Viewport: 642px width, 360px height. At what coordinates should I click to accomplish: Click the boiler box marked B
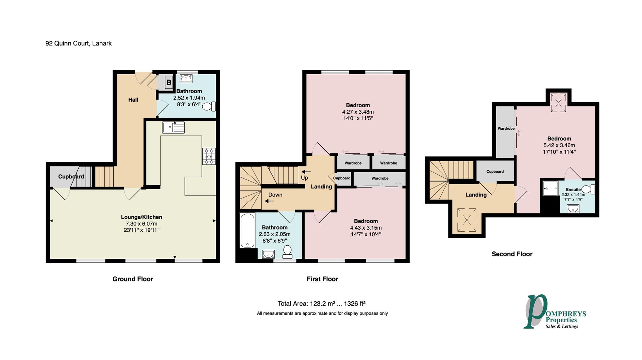point(169,82)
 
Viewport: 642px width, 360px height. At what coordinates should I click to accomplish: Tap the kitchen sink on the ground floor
point(173,127)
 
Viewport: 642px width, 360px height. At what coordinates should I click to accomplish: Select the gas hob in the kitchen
point(209,156)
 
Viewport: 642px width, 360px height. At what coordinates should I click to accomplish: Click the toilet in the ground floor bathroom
point(210,107)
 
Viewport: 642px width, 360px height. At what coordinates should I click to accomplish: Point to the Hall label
point(133,100)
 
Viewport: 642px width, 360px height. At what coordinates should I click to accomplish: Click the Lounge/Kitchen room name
point(141,217)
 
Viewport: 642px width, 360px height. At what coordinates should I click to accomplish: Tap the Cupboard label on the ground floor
point(71,176)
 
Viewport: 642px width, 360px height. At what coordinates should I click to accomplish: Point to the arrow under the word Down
point(270,201)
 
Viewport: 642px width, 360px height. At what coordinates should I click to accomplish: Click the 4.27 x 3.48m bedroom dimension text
point(358,112)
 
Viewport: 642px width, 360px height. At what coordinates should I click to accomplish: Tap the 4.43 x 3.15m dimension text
point(366,228)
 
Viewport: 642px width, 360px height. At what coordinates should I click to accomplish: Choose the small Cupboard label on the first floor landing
point(342,178)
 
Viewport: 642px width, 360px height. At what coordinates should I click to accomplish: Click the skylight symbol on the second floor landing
point(467,220)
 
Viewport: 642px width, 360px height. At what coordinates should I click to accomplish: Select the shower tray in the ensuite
point(550,188)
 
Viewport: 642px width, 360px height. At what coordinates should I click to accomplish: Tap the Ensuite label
point(573,190)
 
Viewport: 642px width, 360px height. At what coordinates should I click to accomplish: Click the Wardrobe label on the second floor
point(506,129)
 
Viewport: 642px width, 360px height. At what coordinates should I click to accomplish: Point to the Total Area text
point(321,304)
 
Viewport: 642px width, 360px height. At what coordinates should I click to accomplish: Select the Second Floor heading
point(512,254)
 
